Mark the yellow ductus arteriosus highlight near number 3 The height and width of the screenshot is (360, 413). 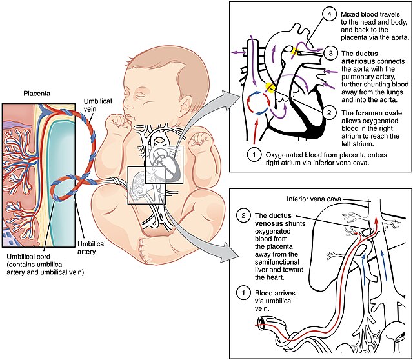click(297, 50)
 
